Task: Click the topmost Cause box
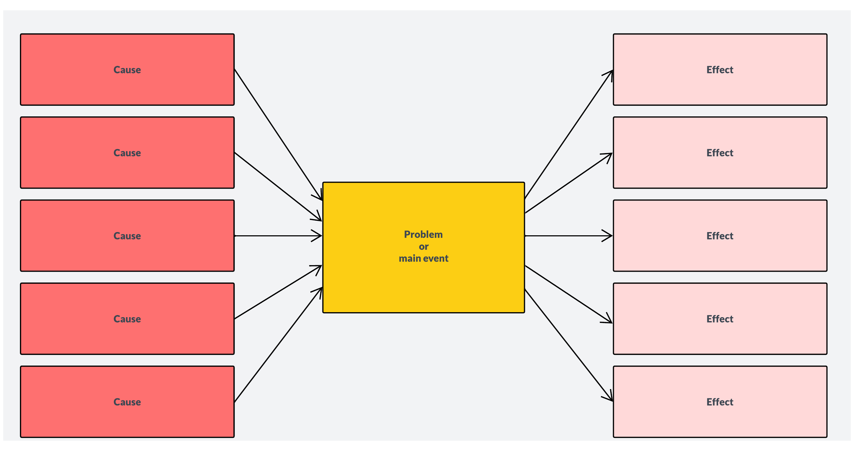[127, 70]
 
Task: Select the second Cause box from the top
[127, 153]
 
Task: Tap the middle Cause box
[127, 236]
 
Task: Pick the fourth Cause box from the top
[127, 319]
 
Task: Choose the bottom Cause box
[127, 402]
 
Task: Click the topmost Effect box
[720, 70]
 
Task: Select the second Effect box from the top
[720, 153]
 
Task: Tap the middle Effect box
[720, 236]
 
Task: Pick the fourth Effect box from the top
[720, 319]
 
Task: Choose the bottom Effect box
[720, 402]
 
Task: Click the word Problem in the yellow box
[423, 235]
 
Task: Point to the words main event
[423, 258]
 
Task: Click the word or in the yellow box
[423, 247]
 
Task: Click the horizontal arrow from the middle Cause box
[278, 236]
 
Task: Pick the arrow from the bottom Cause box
[278, 345]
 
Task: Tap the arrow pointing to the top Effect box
[569, 135]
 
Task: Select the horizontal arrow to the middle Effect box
[569, 236]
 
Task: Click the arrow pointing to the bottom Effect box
[569, 345]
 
